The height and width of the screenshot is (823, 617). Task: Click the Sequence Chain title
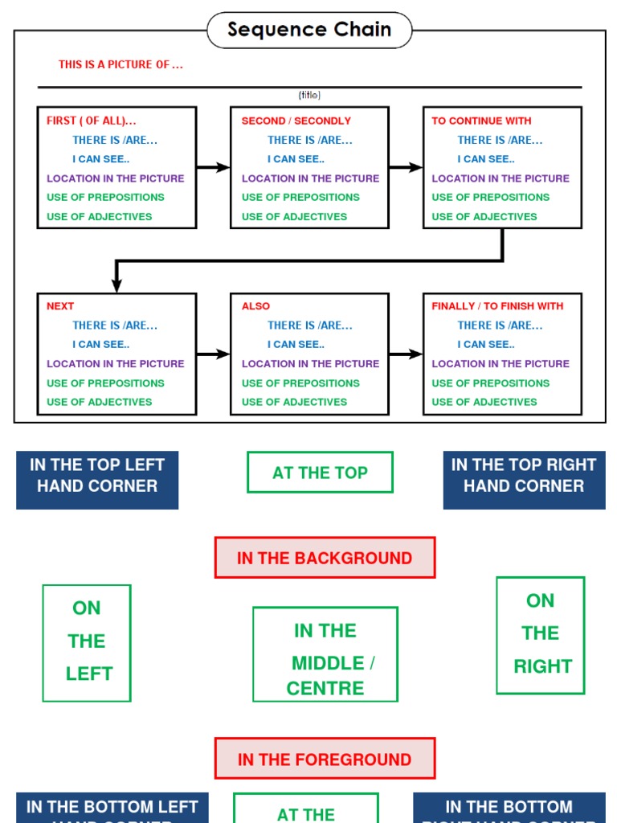coord(309,30)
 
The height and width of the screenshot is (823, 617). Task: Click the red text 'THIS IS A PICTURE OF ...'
coord(121,64)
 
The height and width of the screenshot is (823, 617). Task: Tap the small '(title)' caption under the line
coord(309,95)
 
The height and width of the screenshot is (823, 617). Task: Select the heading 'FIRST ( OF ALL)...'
coord(91,121)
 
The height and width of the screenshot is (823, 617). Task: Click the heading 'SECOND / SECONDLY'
coord(296,121)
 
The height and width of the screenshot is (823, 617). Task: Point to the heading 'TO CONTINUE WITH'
coord(481,121)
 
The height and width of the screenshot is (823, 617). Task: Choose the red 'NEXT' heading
coord(60,306)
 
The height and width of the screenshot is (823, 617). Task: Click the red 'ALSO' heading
coord(255,306)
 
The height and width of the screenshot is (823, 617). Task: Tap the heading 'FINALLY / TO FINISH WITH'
coord(497,306)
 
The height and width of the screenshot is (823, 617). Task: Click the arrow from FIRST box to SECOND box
coord(213,167)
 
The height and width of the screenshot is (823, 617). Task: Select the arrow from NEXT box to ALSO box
coord(213,354)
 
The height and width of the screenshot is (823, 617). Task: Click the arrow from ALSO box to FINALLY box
coord(406,354)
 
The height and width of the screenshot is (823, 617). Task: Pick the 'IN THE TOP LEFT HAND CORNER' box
coord(97,480)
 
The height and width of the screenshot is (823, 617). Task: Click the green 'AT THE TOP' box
coord(320,473)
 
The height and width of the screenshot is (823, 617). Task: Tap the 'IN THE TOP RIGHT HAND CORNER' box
coord(524,480)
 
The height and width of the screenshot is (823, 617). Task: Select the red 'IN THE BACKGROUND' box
coord(325,558)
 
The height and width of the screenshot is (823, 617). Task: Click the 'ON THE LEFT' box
coord(87,642)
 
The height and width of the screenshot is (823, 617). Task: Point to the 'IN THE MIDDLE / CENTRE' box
coord(325,654)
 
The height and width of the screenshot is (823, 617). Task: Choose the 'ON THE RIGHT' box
coord(540,634)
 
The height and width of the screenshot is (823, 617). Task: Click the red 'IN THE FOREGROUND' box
coord(325,759)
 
